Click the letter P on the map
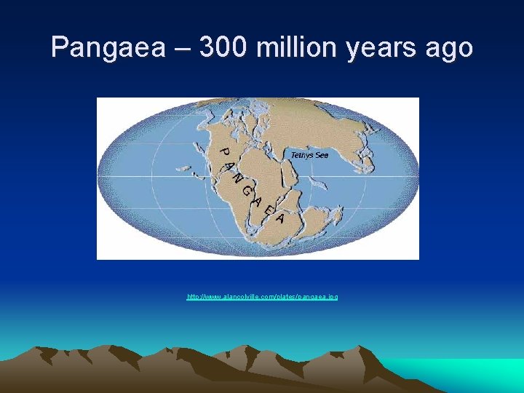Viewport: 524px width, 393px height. [226, 153]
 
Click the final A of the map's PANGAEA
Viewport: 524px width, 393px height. [280, 218]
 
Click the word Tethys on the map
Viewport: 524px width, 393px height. [301, 155]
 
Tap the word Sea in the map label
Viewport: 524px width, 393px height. [321, 155]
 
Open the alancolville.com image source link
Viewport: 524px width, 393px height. [262, 297]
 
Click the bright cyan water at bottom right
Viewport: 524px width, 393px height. [473, 375]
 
